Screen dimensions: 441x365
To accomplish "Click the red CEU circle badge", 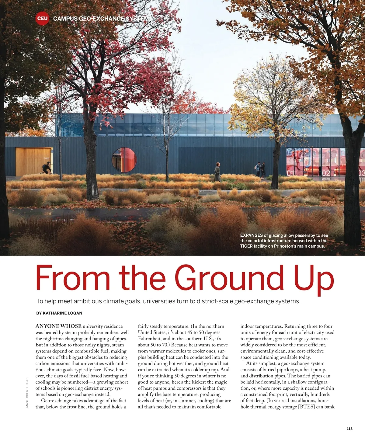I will click(x=42, y=18).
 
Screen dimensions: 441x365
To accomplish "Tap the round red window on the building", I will click(x=124, y=160).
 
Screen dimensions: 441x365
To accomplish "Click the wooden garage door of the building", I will click(x=34, y=161).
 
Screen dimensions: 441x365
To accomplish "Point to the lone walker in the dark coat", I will click(x=217, y=172).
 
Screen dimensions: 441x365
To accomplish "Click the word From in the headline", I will click(x=73, y=278).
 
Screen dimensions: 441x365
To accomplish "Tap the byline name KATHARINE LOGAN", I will click(x=62, y=313).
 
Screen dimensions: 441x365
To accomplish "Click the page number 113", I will click(x=349, y=429).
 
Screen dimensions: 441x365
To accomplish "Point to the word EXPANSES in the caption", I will click(x=251, y=235).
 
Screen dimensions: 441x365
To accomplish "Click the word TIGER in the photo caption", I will click(x=246, y=246).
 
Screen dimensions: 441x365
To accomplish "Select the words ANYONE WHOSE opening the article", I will click(x=58, y=326).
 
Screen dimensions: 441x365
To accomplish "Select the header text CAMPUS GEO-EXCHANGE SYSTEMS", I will click(x=102, y=19).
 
